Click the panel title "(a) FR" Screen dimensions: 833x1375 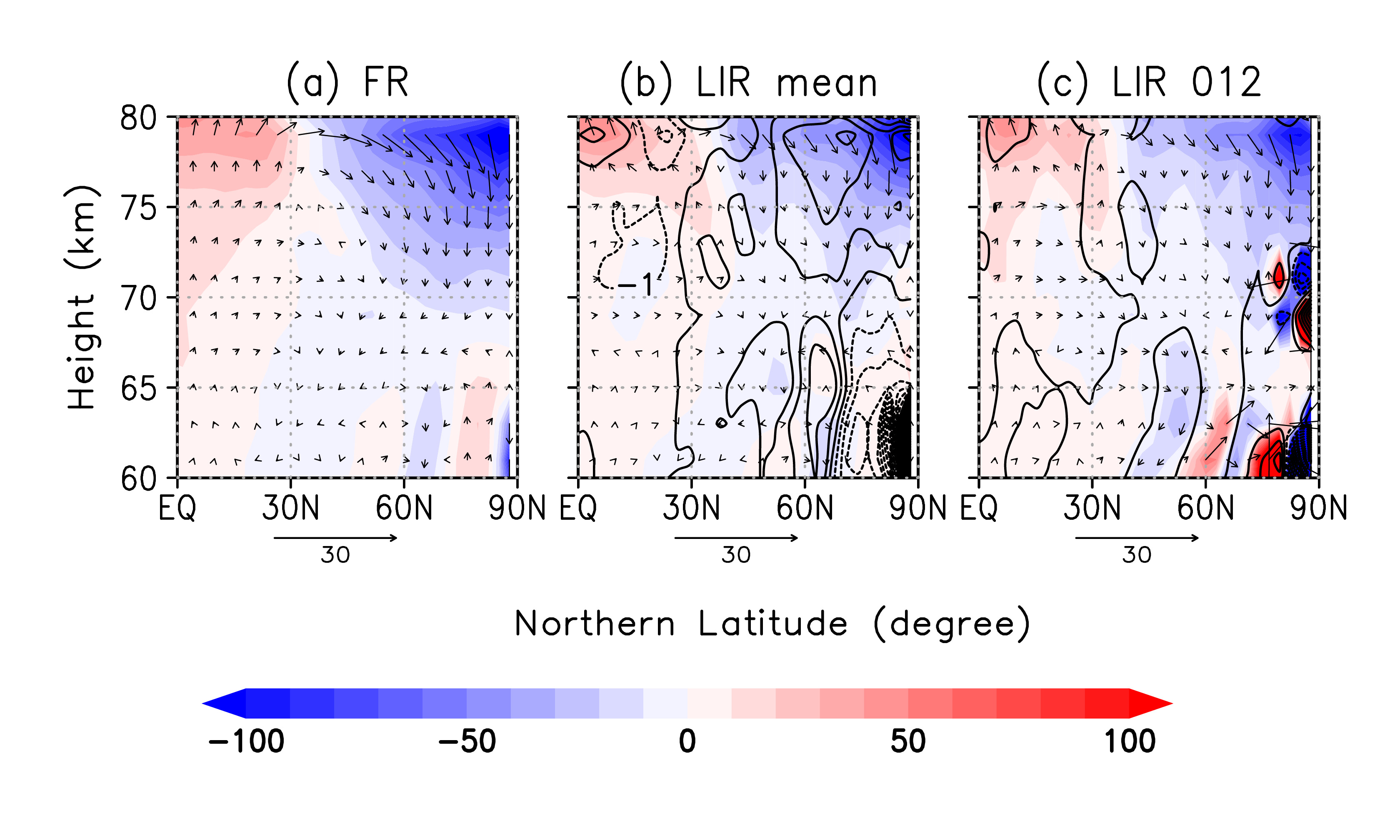tap(347, 82)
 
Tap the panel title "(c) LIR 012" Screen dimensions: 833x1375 tap(1149, 82)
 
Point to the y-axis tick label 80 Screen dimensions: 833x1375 tap(138, 118)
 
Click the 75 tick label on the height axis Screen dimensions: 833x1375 tap(138, 208)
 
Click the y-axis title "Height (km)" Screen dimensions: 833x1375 tap(82, 297)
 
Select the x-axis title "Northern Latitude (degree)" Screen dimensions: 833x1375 tap(772, 624)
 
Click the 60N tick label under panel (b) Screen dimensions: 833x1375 tap(805, 508)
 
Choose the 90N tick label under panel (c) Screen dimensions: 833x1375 tap(1318, 508)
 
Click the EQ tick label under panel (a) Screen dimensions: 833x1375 tap(177, 508)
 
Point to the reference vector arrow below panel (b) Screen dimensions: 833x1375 tap(736, 538)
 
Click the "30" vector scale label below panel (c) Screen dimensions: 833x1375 tap(1137, 555)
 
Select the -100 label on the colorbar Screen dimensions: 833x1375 tap(246, 741)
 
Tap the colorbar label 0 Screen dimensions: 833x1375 tap(687, 741)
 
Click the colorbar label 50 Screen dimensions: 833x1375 tap(908, 741)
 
